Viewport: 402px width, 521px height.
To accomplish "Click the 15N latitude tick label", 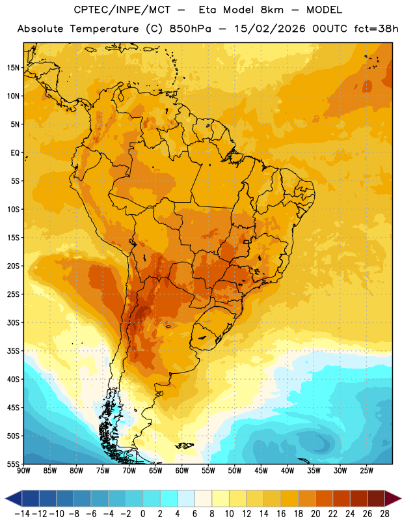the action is (13, 68).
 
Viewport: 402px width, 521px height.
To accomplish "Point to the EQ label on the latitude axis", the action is (15, 153).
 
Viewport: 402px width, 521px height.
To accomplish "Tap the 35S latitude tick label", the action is (13, 351).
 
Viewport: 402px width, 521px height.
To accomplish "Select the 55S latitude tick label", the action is (13, 464).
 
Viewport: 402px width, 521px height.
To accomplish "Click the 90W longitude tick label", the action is (23, 470).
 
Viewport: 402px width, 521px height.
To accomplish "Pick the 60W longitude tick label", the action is (182, 470).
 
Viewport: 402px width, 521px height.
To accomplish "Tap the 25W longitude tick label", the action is (366, 470).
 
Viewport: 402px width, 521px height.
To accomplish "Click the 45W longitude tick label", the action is (261, 470).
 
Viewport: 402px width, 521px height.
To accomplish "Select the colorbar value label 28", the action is (384, 514).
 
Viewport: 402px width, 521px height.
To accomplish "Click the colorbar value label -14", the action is (22, 514).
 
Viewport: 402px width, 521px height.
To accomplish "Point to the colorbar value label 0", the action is (142, 514).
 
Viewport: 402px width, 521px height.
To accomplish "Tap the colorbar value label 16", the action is (281, 514).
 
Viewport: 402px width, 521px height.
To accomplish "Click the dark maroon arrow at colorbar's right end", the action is (392, 498).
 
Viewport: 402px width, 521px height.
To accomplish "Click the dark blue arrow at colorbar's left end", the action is (14, 498).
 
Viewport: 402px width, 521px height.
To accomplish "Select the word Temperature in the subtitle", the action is (104, 29).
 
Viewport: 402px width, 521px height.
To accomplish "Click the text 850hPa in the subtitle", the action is (190, 29).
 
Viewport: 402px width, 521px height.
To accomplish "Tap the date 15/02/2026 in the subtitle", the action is (269, 29).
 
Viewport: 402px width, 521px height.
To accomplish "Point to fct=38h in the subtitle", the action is (376, 29).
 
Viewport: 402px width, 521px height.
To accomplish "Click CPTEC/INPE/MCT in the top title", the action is (122, 10).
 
